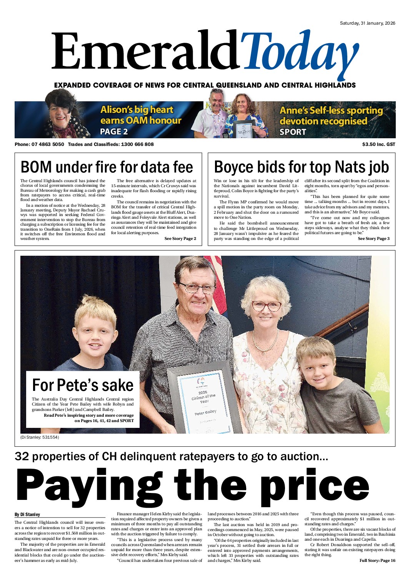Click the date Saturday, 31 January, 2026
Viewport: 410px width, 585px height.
(x=367, y=23)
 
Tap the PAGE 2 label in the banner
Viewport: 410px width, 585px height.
(x=114, y=132)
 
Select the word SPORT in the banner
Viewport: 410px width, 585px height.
(x=293, y=132)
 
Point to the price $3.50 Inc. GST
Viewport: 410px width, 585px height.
(x=378, y=144)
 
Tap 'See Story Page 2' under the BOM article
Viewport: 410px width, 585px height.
(x=180, y=239)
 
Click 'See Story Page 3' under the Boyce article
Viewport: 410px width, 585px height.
(x=373, y=239)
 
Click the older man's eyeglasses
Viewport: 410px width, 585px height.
(x=197, y=288)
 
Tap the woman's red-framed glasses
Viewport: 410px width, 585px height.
(x=266, y=307)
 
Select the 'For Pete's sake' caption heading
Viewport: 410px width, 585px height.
(x=83, y=385)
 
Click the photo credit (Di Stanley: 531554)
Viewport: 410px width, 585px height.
(x=40, y=437)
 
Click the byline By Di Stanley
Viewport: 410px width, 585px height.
(x=27, y=515)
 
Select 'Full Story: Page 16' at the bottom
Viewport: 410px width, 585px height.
(x=377, y=561)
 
